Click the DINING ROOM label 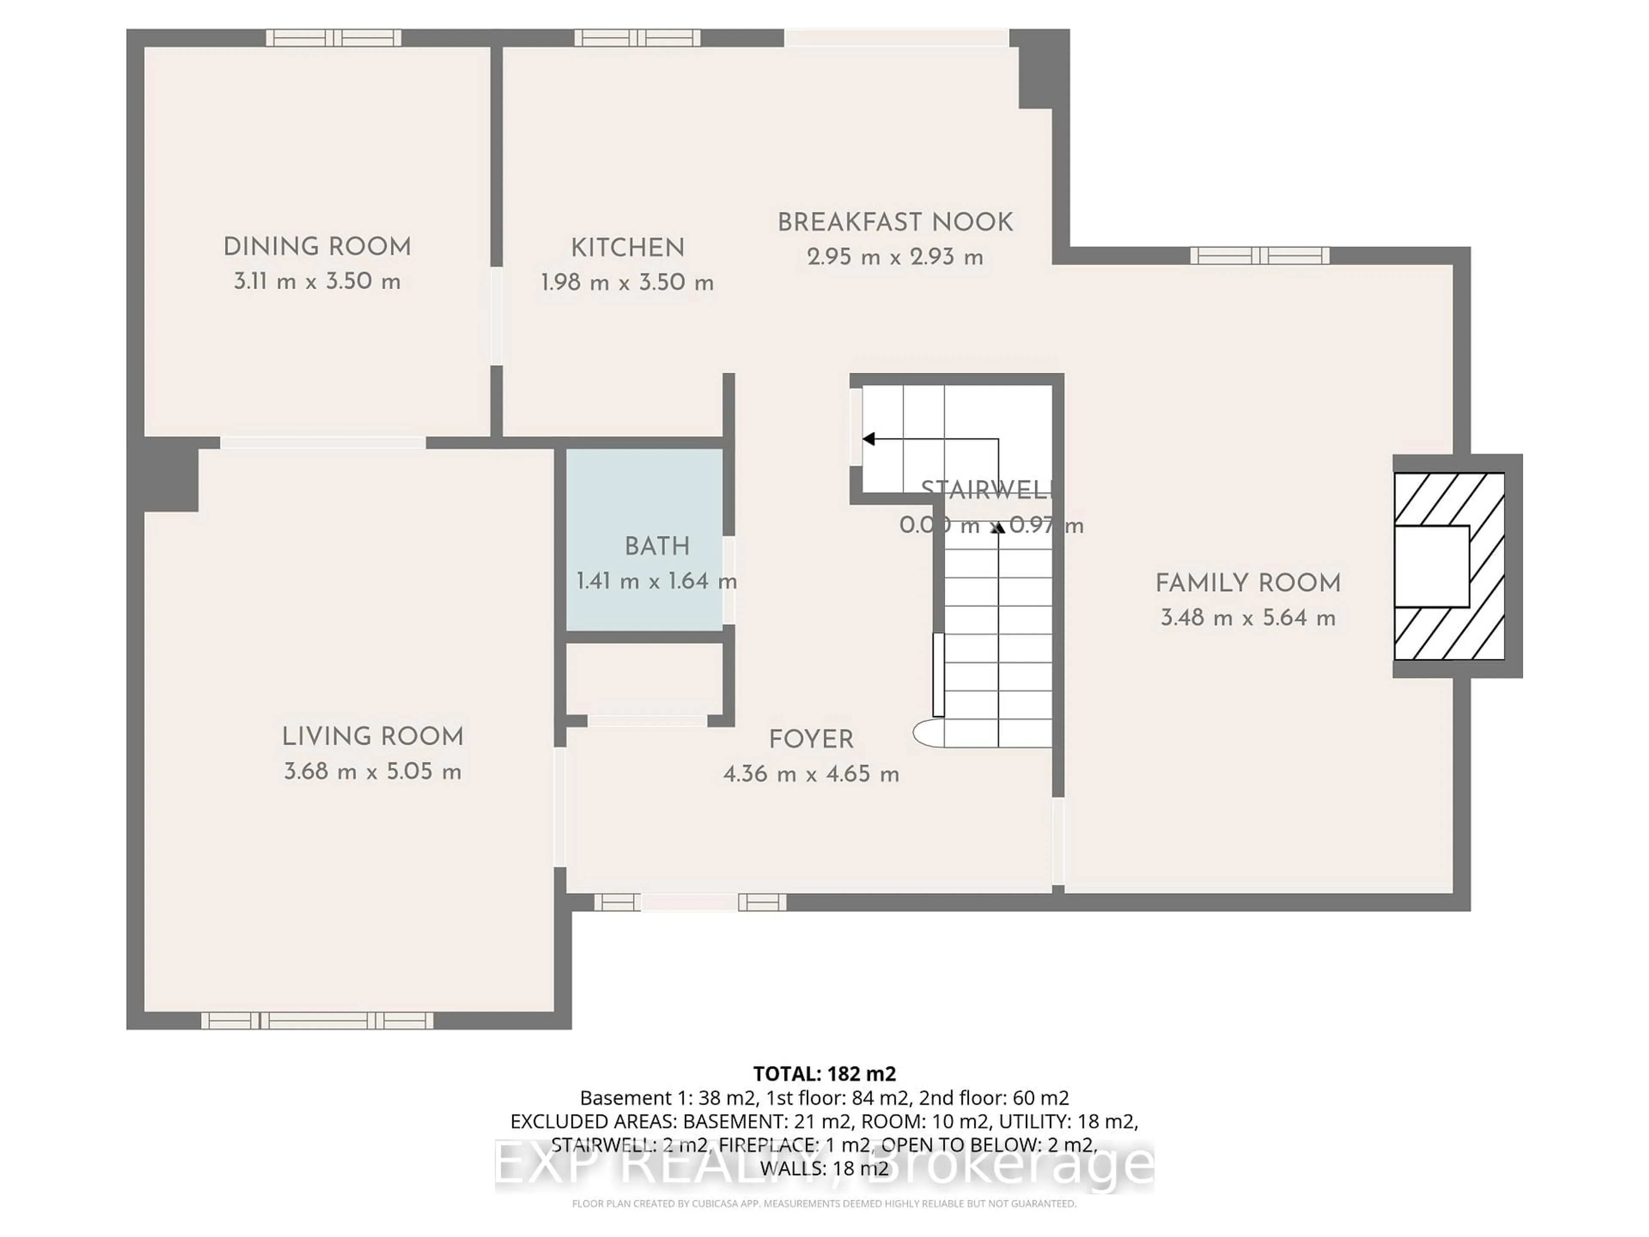click(x=317, y=247)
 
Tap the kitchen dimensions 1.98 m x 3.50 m click(x=627, y=283)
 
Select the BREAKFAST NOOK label click(x=894, y=222)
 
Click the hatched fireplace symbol click(x=1448, y=566)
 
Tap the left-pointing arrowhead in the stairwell click(x=868, y=439)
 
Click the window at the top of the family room click(x=1259, y=256)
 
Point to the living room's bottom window click(x=317, y=1021)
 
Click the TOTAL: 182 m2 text click(x=824, y=1074)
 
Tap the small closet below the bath click(x=644, y=679)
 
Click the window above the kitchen click(x=637, y=38)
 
